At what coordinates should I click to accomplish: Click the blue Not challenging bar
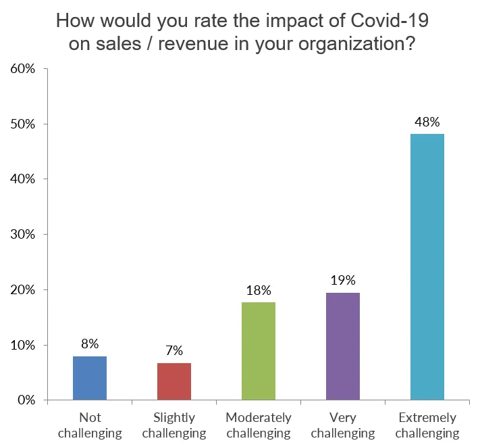click(90, 378)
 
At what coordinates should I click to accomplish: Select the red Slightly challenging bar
click(174, 381)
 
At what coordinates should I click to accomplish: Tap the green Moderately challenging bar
click(259, 351)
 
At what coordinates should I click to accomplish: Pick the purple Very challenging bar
click(343, 346)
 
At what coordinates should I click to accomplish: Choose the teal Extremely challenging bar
click(427, 266)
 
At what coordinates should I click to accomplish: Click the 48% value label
click(427, 122)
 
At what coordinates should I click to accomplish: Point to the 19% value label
click(343, 281)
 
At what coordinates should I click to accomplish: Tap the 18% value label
click(259, 291)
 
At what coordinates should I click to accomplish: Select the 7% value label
click(174, 351)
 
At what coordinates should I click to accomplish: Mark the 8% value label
click(90, 344)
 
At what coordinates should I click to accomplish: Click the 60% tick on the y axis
click(24, 69)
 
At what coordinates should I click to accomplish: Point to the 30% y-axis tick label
click(24, 235)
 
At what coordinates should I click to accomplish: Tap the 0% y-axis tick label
click(27, 400)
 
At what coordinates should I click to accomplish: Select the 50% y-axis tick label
click(24, 124)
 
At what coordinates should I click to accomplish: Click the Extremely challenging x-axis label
click(427, 425)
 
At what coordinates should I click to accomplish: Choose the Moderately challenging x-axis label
click(259, 425)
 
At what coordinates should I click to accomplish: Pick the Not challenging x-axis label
click(90, 425)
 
